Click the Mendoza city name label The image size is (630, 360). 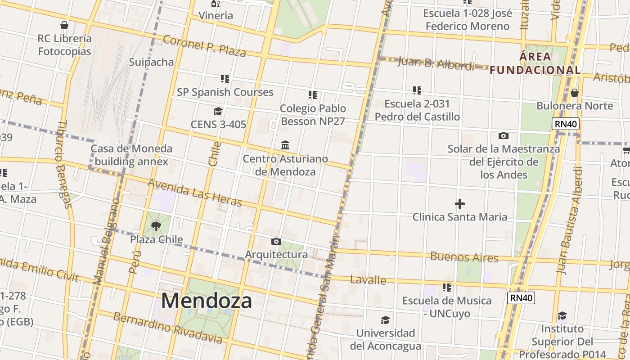[207, 301]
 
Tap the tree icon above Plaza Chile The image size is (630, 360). [156, 226]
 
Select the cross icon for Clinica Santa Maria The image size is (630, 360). [459, 204]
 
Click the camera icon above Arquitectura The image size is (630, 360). [276, 242]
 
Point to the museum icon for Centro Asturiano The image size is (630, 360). [285, 145]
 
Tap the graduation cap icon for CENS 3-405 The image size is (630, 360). [218, 111]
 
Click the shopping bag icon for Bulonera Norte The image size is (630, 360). [574, 93]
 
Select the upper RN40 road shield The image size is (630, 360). [566, 124]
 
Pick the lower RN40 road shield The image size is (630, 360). [521, 297]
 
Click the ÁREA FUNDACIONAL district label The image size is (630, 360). [535, 63]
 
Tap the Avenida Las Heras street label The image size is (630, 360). [195, 192]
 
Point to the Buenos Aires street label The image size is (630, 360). [464, 257]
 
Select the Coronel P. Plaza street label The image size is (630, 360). [204, 46]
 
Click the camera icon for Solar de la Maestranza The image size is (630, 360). [503, 135]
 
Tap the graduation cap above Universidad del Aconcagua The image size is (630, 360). [385, 320]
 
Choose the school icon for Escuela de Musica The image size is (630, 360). [446, 287]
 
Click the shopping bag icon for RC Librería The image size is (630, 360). [64, 25]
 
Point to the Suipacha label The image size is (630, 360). [151, 62]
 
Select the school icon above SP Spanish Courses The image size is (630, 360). [225, 79]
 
